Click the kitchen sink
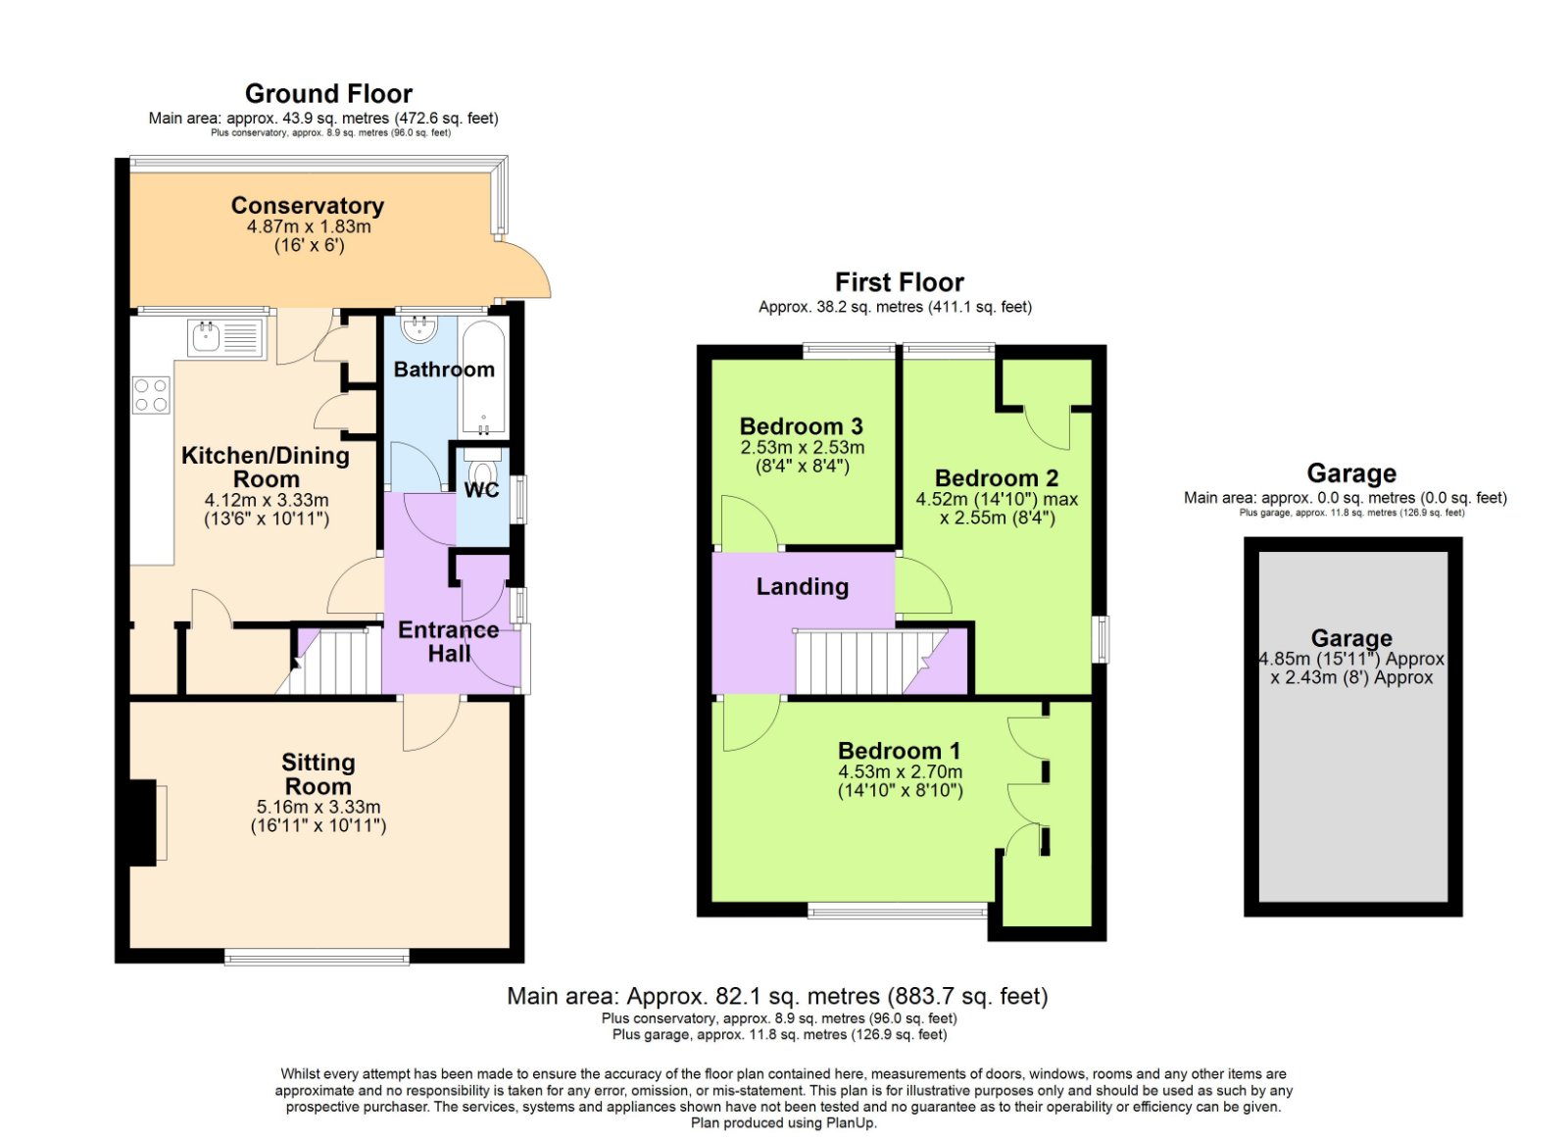click(x=226, y=339)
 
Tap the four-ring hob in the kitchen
click(x=151, y=395)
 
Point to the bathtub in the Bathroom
click(x=483, y=378)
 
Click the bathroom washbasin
click(x=419, y=328)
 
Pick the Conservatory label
click(x=308, y=205)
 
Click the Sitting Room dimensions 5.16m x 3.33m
click(x=318, y=807)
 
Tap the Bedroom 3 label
click(x=802, y=425)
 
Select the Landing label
click(x=803, y=586)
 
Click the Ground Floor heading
click(x=328, y=93)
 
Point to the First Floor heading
click(x=900, y=282)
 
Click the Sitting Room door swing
click(x=431, y=723)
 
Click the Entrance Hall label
click(x=449, y=641)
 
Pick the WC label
click(x=481, y=490)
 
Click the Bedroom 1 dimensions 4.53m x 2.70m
click(x=901, y=771)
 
